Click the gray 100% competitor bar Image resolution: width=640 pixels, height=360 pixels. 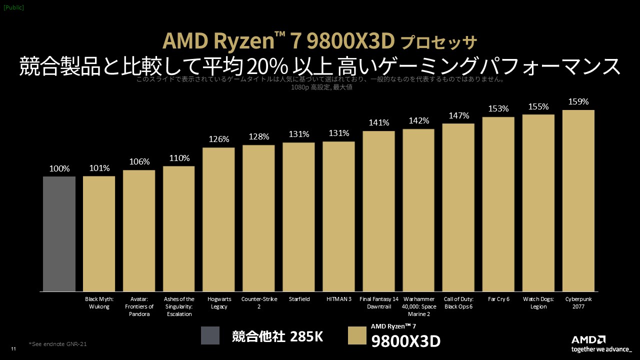(59, 233)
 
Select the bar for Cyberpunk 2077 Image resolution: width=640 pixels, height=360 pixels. (578, 200)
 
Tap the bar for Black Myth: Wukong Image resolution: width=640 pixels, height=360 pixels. (99, 233)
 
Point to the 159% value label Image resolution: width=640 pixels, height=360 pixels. (578, 102)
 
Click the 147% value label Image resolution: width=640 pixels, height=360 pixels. (458, 115)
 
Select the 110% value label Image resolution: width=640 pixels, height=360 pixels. (179, 158)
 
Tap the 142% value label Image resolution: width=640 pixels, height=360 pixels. (418, 120)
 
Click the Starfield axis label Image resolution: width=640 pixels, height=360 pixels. (298, 299)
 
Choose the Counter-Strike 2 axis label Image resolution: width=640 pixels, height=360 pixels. (258, 303)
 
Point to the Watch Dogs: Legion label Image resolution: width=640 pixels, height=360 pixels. (538, 303)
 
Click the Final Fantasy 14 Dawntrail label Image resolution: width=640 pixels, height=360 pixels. (378, 303)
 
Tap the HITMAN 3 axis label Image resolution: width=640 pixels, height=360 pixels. (338, 299)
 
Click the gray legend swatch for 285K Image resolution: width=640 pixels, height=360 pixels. (210, 335)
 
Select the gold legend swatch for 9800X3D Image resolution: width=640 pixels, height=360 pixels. (357, 335)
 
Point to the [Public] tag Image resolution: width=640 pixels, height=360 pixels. (13, 7)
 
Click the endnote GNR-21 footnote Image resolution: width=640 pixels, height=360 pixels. (61, 344)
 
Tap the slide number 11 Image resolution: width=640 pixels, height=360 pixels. (13, 349)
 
